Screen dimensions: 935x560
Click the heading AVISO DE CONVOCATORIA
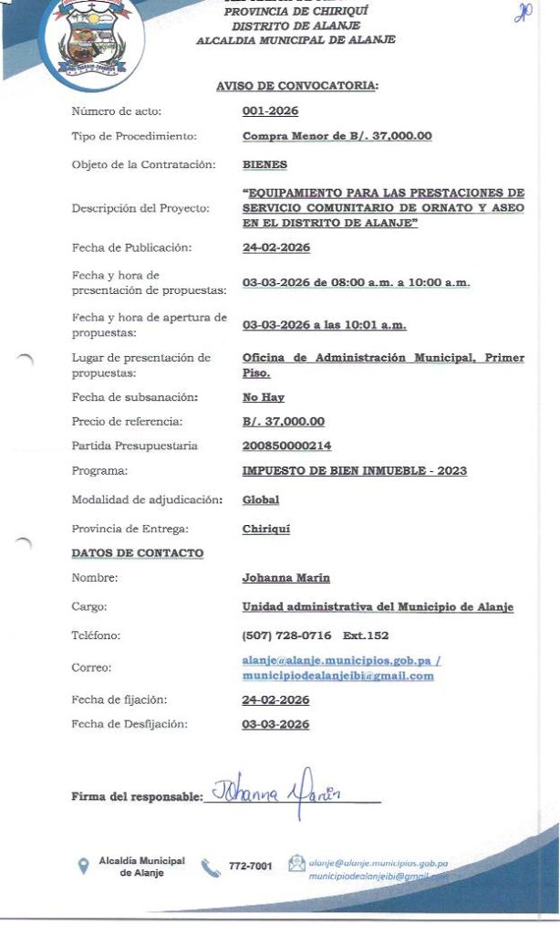[296, 86]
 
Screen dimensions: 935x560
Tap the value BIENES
[264, 165]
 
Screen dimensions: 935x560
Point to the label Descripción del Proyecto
[140, 208]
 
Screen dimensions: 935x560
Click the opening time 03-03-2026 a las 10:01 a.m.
[324, 325]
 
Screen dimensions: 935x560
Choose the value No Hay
[264, 398]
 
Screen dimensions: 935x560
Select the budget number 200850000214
[286, 446]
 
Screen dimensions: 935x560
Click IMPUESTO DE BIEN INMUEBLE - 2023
[354, 471]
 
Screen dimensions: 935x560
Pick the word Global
[261, 500]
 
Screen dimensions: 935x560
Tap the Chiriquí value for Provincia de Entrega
[266, 530]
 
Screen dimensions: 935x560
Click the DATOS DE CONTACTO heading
[138, 553]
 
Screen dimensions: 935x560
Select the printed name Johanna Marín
[285, 578]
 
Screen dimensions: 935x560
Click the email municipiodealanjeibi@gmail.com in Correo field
[337, 677]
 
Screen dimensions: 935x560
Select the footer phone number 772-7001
[250, 866]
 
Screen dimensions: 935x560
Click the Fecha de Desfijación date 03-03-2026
[275, 725]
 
